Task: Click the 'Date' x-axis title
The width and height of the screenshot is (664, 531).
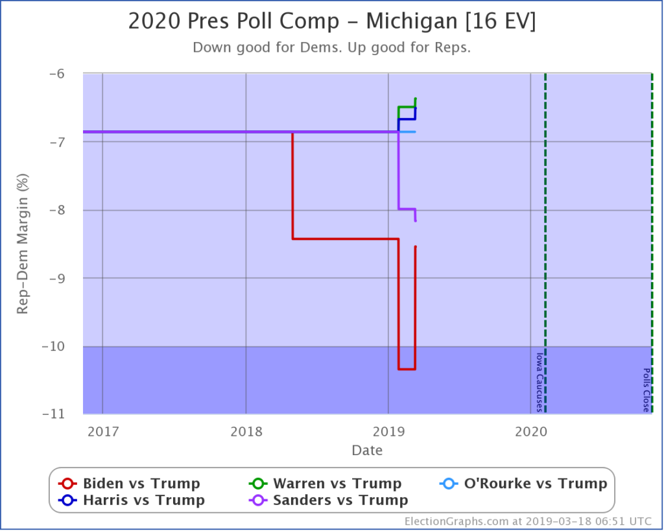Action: pos(367,450)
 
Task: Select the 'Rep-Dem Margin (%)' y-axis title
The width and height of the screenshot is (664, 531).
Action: pos(23,243)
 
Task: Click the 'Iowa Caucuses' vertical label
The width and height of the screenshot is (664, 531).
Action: pos(538,382)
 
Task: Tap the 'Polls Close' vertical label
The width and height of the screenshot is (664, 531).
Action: pos(646,390)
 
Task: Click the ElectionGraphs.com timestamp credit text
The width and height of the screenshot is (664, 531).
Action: pos(529,521)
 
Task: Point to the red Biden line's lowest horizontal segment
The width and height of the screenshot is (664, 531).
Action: pos(407,369)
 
